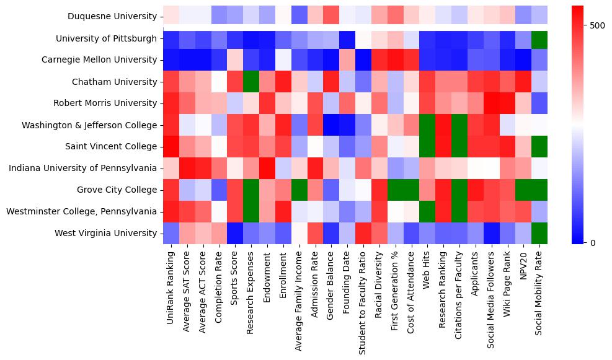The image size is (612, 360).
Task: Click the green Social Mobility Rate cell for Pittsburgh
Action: tap(539, 38)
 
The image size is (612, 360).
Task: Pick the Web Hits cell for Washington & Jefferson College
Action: tap(427, 125)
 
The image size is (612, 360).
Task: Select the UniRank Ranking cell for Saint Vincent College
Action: tap(171, 147)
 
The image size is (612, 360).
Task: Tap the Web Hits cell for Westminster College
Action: tap(427, 211)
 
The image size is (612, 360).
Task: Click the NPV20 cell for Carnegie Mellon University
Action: tap(523, 60)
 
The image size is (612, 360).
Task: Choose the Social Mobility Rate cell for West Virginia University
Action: tap(539, 233)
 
